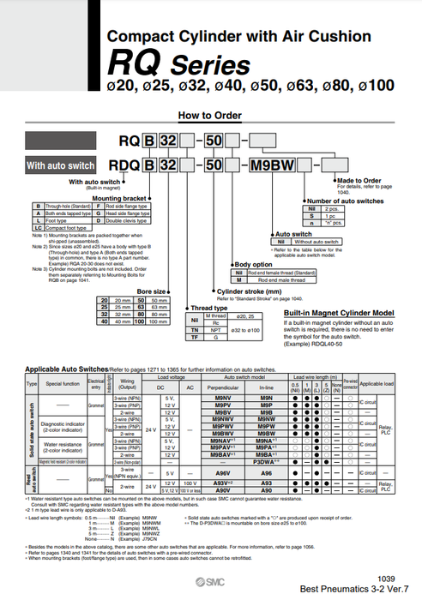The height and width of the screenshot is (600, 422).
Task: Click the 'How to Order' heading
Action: point(211,116)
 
